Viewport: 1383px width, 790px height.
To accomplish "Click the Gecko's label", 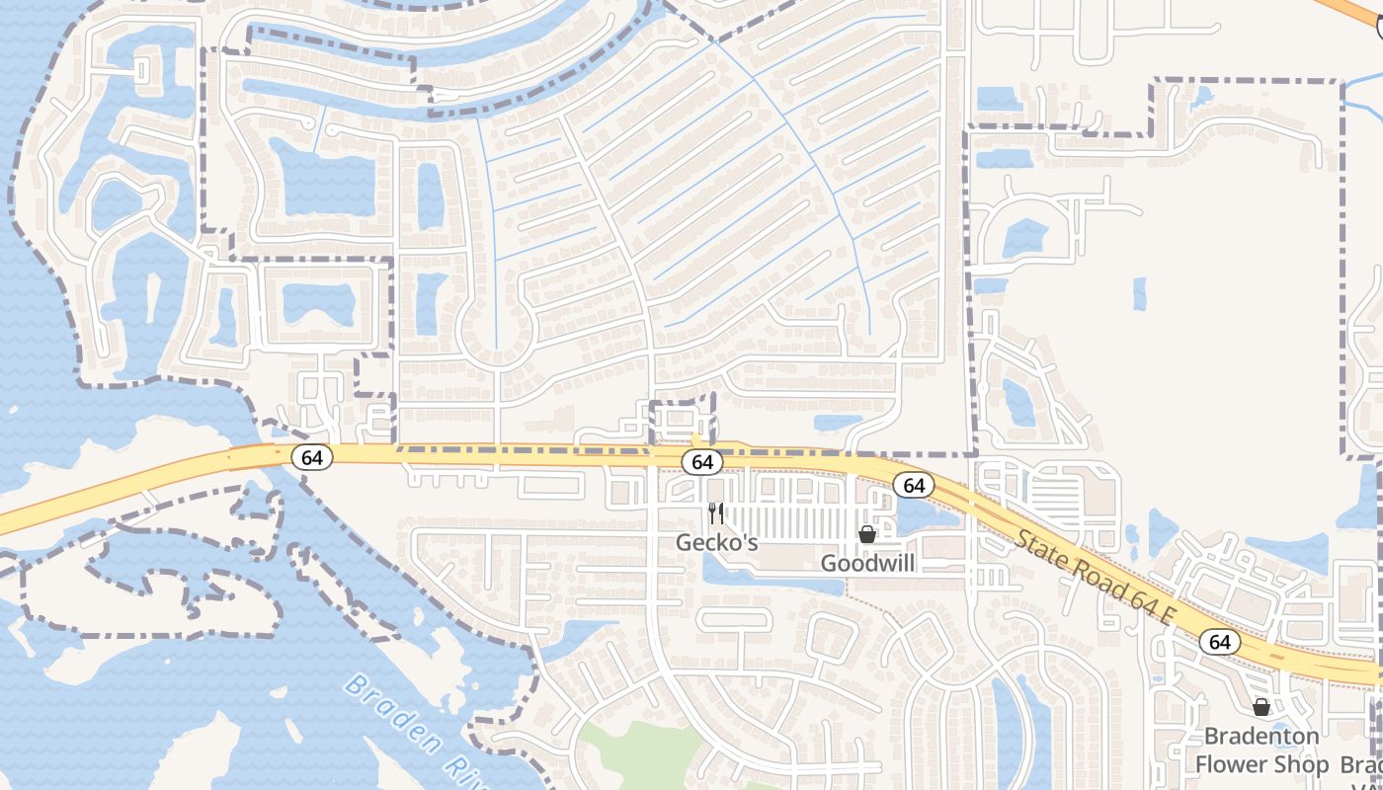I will (x=716, y=542).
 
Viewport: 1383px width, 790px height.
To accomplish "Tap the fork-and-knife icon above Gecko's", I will (x=716, y=513).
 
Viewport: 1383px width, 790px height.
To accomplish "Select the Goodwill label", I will (x=867, y=563).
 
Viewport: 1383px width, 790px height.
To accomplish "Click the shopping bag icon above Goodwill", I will (x=867, y=534).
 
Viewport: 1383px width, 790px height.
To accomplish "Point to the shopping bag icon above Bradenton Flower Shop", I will (x=1261, y=707).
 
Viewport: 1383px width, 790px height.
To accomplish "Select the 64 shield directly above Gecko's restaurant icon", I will (x=702, y=461).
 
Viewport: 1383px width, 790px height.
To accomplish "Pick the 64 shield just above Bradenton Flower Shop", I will (x=1220, y=642).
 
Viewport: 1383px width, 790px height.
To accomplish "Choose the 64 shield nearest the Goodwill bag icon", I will (x=914, y=485).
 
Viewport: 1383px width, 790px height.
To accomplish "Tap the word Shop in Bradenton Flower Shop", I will (x=1303, y=764).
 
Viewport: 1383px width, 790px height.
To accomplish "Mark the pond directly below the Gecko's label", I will (x=751, y=578).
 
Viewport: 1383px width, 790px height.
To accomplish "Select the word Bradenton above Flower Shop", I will (x=1261, y=737).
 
